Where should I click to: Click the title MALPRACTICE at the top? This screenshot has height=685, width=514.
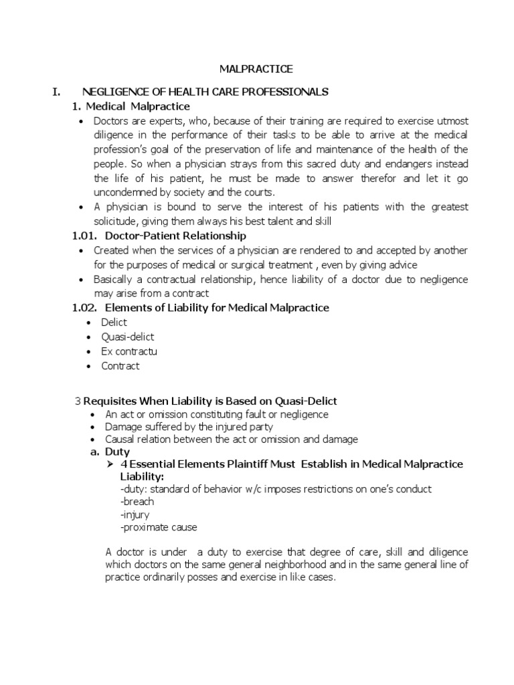click(x=256, y=69)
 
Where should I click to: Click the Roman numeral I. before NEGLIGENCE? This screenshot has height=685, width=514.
click(x=57, y=92)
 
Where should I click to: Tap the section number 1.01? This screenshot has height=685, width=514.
click(x=85, y=235)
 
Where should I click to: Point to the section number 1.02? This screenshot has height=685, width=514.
click(x=85, y=308)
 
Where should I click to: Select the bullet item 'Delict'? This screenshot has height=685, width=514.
click(x=114, y=322)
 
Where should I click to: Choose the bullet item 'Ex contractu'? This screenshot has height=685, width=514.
click(x=129, y=351)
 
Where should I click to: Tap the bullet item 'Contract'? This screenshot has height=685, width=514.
click(x=120, y=366)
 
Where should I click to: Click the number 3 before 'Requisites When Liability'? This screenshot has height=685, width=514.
click(x=77, y=401)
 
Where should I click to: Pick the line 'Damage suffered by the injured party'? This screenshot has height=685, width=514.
click(x=189, y=427)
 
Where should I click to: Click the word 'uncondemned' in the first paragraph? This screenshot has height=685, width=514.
click(x=126, y=192)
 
